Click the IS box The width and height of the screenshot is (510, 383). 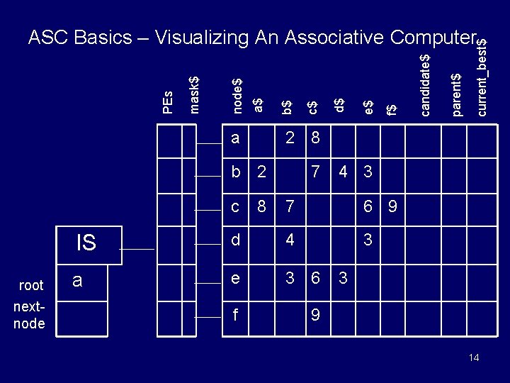tap(89, 245)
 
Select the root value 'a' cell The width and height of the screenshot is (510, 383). tap(81, 283)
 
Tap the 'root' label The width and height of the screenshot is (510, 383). tap(31, 285)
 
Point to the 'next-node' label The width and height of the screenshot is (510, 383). tap(29, 315)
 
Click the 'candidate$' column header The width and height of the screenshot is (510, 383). tap(426, 85)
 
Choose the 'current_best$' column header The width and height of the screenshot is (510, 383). tap(482, 77)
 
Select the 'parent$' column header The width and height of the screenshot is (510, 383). tap(457, 94)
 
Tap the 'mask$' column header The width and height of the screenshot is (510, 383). tap(194, 95)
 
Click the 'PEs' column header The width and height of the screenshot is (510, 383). tap(167, 102)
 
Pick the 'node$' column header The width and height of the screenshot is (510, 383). tap(237, 96)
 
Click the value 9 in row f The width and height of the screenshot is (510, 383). tap(315, 315)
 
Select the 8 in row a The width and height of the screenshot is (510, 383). tap(315, 138)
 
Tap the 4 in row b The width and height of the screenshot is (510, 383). tap(343, 172)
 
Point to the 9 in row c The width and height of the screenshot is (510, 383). tap(392, 206)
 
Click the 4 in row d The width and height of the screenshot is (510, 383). tap(290, 240)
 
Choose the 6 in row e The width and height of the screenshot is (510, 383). tap(315, 278)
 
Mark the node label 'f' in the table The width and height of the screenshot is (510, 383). tap(235, 314)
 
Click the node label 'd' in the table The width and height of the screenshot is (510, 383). tap(235, 240)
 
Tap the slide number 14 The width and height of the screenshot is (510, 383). tap(474, 357)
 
